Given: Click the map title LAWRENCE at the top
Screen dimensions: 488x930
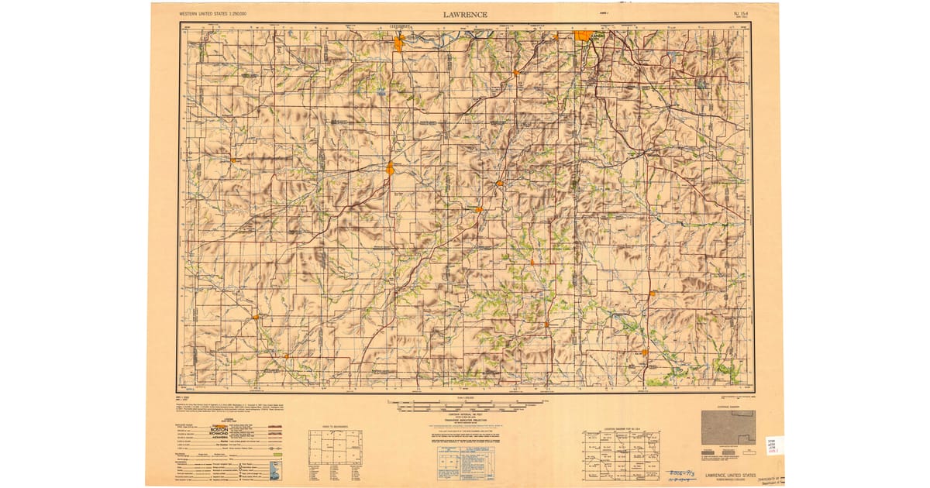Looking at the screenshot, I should (465, 14).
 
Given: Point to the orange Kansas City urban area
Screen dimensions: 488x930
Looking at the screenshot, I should (584, 35).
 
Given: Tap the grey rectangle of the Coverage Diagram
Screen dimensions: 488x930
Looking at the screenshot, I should (728, 427).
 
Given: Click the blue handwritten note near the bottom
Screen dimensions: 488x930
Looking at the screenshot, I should (669, 474).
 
